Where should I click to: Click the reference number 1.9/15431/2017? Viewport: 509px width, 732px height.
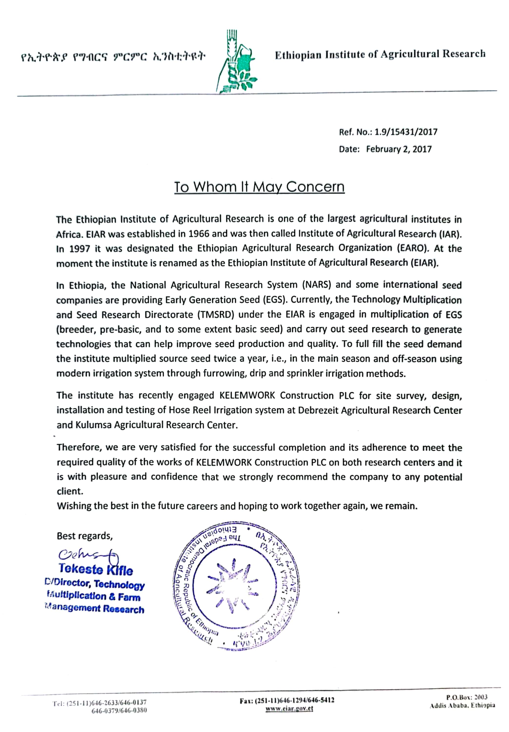[x=406, y=132]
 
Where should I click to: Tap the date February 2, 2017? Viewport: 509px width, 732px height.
[x=398, y=149]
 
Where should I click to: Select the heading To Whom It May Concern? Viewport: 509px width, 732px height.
[x=259, y=187]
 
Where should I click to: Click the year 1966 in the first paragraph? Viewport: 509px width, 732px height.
[x=198, y=234]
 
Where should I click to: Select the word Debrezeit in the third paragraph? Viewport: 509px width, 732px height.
[x=319, y=411]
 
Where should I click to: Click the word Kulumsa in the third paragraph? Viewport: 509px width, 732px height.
[x=94, y=425]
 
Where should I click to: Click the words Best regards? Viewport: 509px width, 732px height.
[x=84, y=536]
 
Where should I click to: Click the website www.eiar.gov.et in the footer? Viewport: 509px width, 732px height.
[x=289, y=709]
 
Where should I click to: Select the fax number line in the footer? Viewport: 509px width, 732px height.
[x=287, y=700]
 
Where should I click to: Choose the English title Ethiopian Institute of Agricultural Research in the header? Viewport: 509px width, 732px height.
[x=380, y=55]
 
